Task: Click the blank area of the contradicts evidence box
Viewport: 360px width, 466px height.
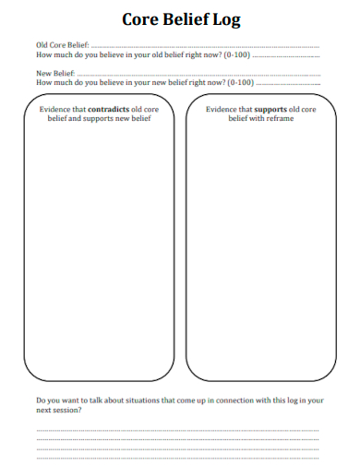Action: click(98, 249)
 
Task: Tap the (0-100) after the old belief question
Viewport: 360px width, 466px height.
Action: click(237, 54)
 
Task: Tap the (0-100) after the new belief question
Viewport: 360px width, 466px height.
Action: click(240, 82)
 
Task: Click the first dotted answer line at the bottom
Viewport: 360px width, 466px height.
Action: click(177, 429)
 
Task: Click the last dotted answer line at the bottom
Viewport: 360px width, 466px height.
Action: click(177, 457)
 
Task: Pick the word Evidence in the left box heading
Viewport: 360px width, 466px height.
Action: click(54, 109)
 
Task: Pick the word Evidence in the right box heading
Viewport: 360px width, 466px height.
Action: click(221, 109)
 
